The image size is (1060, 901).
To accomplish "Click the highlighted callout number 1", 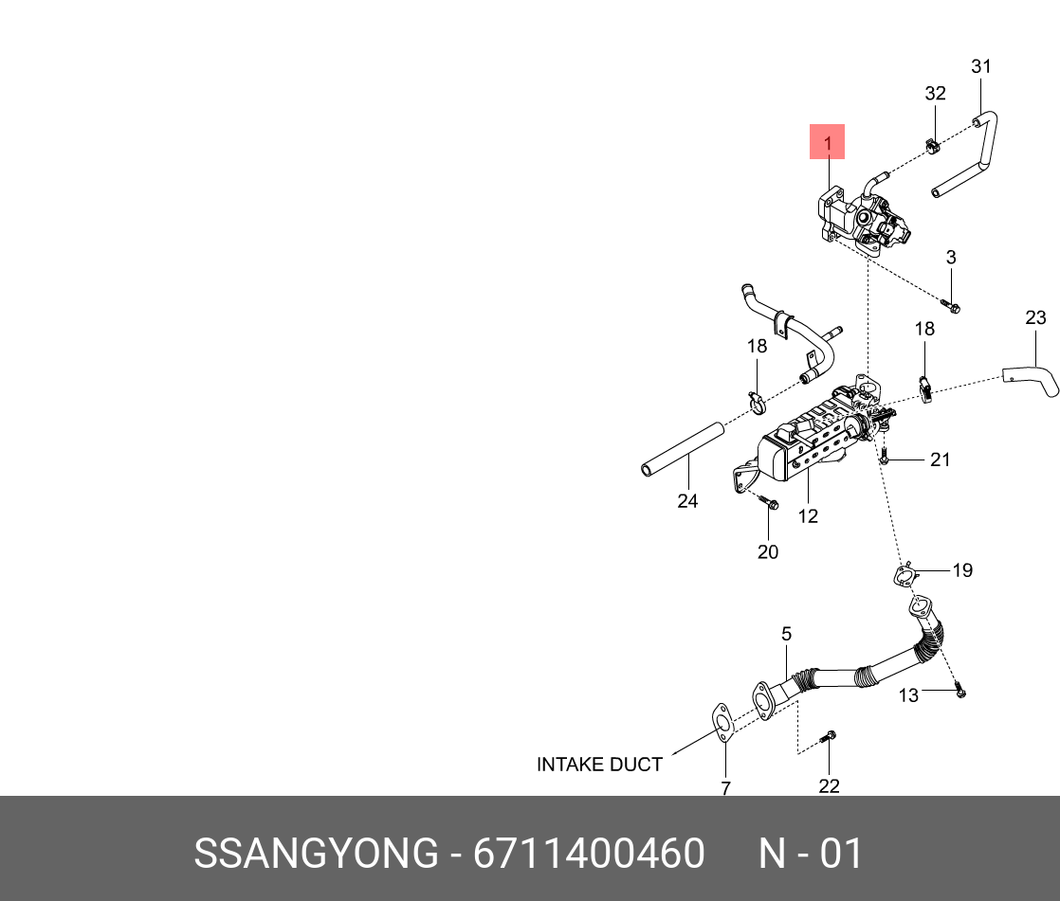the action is pyautogui.click(x=827, y=144).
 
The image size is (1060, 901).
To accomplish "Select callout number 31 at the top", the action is pyautogui.click(x=981, y=66).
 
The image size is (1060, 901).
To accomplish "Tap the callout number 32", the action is pyautogui.click(x=935, y=93).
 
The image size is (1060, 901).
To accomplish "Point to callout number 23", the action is pyautogui.click(x=1035, y=316).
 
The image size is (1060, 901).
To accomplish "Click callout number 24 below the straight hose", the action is pyautogui.click(x=687, y=501).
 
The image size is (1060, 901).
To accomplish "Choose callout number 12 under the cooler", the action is pyautogui.click(x=808, y=516).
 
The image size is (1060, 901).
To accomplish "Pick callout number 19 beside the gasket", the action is pyautogui.click(x=962, y=570).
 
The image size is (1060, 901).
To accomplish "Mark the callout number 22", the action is pyautogui.click(x=829, y=785).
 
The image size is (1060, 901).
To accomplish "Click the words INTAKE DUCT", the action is pyautogui.click(x=599, y=765).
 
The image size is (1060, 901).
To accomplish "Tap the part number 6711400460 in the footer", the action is pyautogui.click(x=589, y=854).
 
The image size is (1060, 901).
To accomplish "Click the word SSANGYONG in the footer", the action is pyautogui.click(x=316, y=854).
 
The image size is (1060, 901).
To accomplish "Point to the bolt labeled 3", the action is pyautogui.click(x=951, y=305).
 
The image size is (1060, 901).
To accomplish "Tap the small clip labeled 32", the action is pyautogui.click(x=931, y=147).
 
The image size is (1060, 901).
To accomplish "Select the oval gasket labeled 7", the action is pyautogui.click(x=722, y=722).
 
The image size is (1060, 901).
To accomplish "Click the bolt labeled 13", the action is pyautogui.click(x=959, y=692).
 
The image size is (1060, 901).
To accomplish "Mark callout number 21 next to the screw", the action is pyautogui.click(x=940, y=460).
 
